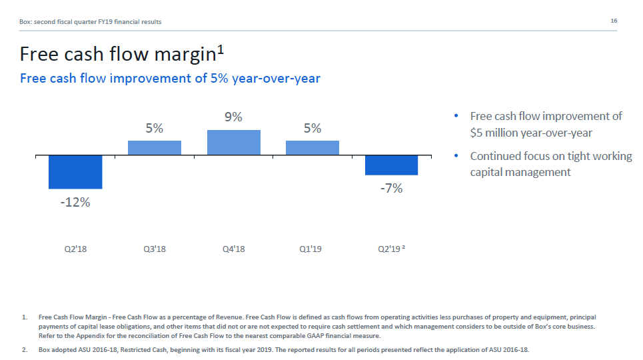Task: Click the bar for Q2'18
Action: click(75, 172)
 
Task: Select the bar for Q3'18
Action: click(155, 147)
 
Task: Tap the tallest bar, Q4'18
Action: click(233, 142)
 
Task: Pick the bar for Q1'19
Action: click(312, 147)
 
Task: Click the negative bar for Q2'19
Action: click(391, 165)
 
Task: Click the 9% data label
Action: click(233, 117)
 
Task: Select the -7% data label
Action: click(391, 189)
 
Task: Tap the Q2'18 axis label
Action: click(75, 249)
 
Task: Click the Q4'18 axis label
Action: click(233, 249)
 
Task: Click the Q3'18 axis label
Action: click(155, 249)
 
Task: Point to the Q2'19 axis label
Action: click(390, 249)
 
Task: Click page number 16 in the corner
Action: click(614, 21)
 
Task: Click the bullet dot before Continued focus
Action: click(456, 156)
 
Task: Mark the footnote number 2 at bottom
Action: click(24, 349)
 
